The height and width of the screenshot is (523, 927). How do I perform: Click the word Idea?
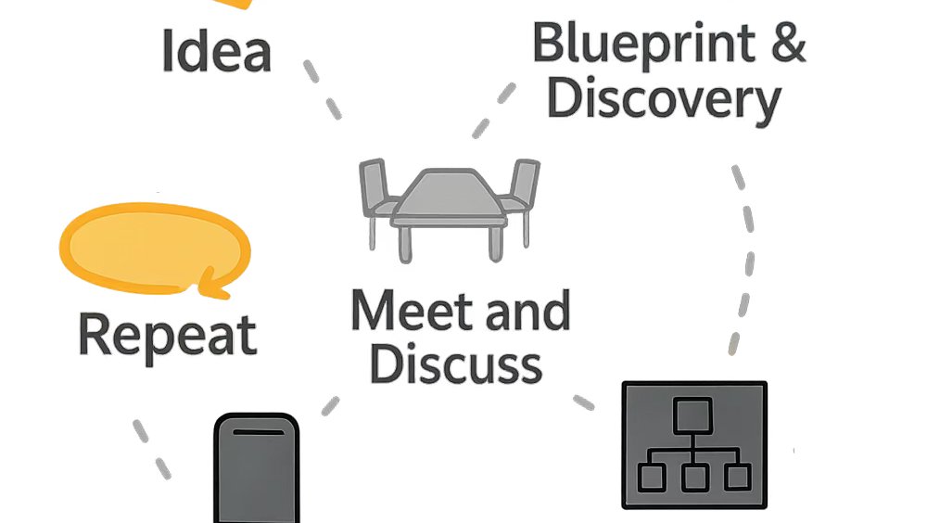coord(216,51)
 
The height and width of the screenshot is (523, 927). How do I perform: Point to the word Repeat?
coord(168,336)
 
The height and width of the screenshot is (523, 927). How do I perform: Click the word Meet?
coord(413,311)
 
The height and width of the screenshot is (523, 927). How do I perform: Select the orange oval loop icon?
coord(155,249)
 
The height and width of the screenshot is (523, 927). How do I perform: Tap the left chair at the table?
coord(378,196)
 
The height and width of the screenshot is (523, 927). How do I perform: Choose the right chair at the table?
coord(521,196)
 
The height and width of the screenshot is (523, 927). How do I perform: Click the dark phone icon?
coord(257,468)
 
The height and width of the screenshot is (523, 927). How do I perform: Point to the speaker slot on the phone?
coord(259,432)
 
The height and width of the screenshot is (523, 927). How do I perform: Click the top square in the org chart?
coord(692,415)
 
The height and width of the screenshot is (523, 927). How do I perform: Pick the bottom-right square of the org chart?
coord(738,477)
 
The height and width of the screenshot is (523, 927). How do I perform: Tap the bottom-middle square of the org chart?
coord(694,478)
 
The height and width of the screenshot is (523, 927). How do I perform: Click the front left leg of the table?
coord(405,243)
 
